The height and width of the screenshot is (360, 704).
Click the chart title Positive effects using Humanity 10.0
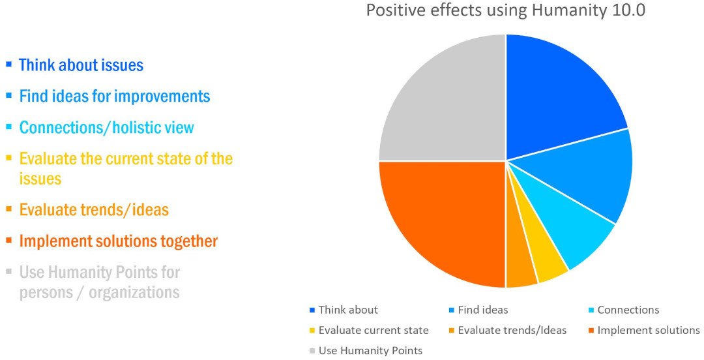pos(506,10)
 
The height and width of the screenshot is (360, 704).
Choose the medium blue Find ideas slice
pos(597,175)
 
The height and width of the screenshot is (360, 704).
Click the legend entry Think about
pos(344,310)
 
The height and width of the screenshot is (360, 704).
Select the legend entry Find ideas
pos(478,310)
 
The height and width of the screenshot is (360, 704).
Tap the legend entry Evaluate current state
pos(369,331)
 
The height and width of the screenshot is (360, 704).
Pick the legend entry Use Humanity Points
pos(366,351)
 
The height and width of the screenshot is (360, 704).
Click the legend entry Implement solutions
pos(644,331)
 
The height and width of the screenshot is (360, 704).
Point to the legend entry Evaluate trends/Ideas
pos(507,331)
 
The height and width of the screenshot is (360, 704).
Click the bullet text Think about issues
pos(81,66)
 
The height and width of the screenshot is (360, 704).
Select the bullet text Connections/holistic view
pos(106,128)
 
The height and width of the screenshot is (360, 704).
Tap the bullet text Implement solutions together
pos(118,241)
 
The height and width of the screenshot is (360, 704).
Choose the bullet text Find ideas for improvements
pos(115,97)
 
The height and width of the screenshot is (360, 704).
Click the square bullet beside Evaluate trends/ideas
pos(8,209)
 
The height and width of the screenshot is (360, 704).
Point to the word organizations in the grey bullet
pos(134,293)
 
